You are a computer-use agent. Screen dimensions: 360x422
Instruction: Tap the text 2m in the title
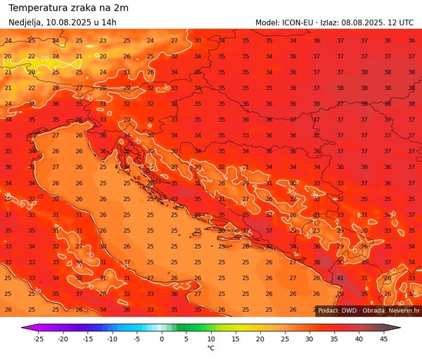coord(121,8)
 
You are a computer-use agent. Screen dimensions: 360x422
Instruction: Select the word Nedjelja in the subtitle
coord(26,22)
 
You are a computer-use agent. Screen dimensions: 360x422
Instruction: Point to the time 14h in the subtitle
coord(109,22)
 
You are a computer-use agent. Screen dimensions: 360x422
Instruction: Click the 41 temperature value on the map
coord(340,278)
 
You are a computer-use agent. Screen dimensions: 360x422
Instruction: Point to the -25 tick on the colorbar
coord(38,339)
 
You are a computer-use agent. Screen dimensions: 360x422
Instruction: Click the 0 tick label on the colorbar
coord(161,339)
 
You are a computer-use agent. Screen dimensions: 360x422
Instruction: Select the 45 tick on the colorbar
coord(383,339)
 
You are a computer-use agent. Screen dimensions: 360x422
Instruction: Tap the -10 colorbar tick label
coord(112,339)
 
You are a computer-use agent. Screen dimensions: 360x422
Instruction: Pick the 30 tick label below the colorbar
coord(309,339)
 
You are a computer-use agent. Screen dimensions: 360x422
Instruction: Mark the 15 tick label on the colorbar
coord(236,339)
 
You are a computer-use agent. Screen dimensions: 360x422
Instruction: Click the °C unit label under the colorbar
coord(210,349)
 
